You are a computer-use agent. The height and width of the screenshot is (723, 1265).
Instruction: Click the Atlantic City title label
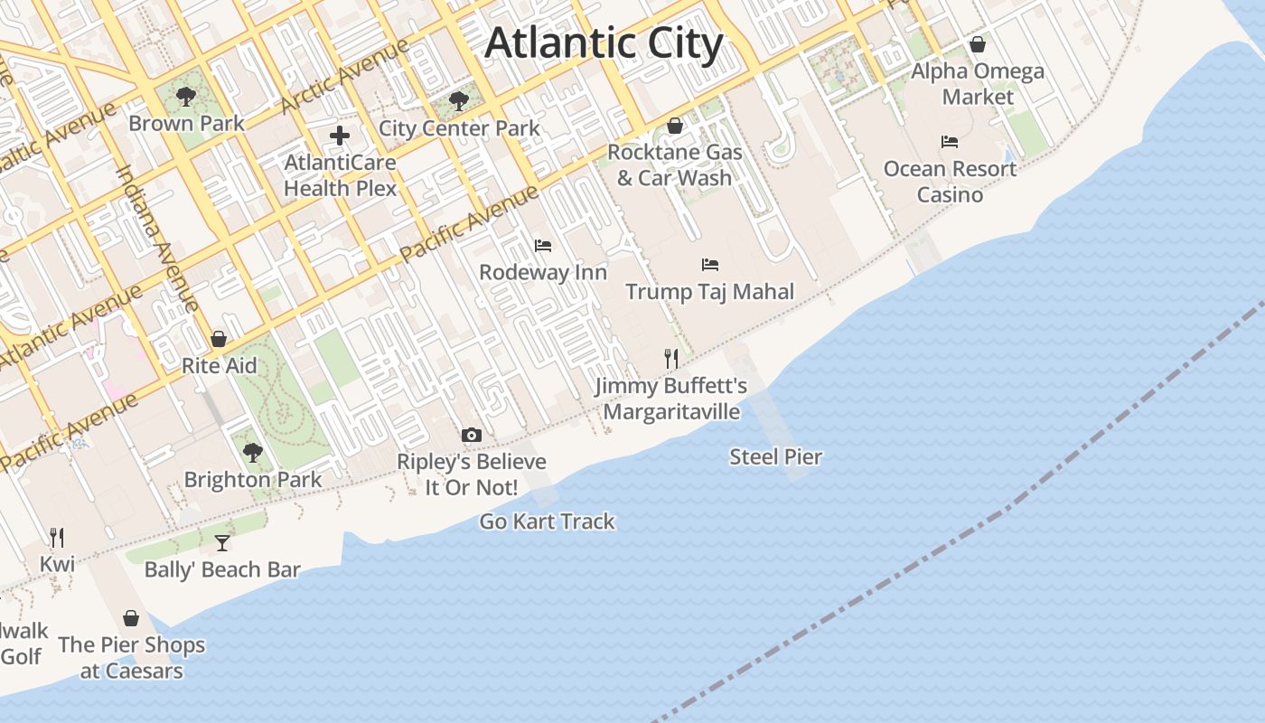pos(604,43)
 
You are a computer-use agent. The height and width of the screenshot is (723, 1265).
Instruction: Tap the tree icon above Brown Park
pos(186,96)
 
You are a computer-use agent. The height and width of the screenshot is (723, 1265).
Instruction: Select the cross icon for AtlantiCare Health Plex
pos(340,136)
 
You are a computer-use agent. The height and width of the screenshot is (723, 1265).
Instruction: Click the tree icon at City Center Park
pos(458,100)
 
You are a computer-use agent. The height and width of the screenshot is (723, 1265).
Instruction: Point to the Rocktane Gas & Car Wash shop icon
pos(675,126)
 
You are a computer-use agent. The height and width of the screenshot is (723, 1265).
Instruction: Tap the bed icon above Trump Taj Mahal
pos(710,265)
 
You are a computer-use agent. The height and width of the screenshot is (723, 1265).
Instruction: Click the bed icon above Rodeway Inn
pos(543,245)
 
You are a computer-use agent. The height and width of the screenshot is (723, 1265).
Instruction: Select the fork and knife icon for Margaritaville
pos(670,359)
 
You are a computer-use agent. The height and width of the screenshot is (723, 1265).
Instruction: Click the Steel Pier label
pos(775,457)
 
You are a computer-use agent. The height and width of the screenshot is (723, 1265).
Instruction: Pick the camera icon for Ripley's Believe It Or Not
pos(471,436)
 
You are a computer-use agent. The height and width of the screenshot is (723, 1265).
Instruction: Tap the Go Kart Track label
pos(547,521)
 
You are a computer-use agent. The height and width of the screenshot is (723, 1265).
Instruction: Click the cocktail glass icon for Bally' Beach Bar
pos(222,542)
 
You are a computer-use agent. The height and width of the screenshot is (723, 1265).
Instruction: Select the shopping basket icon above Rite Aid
pos(219,339)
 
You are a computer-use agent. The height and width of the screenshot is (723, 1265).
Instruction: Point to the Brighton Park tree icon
pos(253,452)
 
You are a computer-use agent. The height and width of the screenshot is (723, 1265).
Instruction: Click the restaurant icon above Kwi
pos(57,538)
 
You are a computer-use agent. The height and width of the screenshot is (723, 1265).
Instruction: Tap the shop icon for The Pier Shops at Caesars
pos(131,618)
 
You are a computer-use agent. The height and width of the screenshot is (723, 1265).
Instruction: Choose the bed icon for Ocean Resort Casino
pos(950,142)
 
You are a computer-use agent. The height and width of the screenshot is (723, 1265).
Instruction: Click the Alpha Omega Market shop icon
pos(978,43)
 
